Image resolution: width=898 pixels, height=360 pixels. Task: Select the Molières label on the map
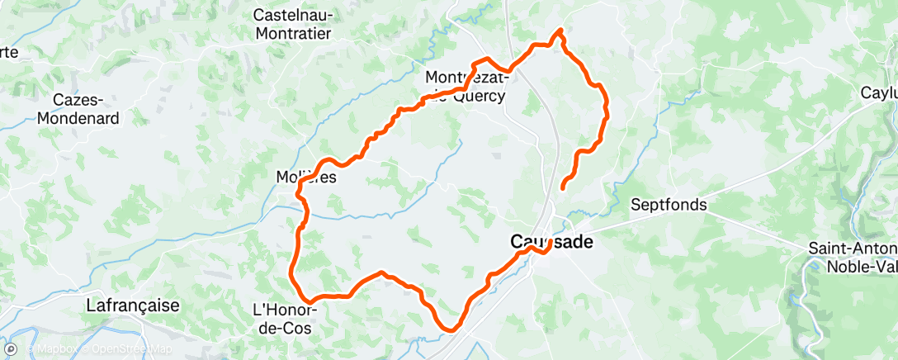[305, 177]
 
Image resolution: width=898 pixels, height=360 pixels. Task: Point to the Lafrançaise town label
[133, 306]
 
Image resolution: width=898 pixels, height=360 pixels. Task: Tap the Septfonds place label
[669, 205]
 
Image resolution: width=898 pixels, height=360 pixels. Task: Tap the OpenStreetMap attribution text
[132, 349]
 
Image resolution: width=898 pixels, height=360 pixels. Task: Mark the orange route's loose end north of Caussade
[563, 188]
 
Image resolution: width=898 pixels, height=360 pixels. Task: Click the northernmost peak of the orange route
[561, 31]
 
